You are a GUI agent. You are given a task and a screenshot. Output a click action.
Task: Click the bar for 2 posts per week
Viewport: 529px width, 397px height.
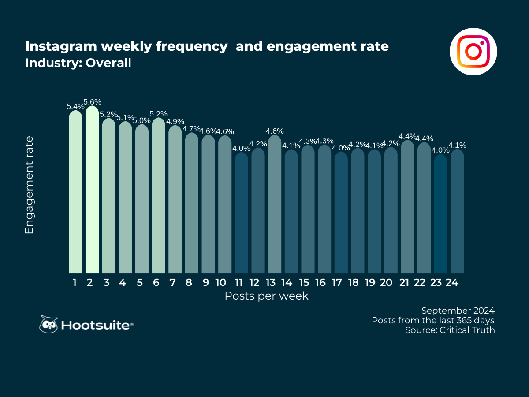92,190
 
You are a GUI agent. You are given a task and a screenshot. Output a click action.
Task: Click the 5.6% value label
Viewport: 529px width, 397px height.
93,102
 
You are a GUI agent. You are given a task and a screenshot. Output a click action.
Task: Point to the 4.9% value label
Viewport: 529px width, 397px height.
175,121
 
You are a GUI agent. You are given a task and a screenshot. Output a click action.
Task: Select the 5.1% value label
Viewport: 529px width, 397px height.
126,117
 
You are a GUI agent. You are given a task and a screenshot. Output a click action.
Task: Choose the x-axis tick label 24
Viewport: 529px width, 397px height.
451,283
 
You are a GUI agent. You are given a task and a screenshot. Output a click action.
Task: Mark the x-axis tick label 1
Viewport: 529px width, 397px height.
75,283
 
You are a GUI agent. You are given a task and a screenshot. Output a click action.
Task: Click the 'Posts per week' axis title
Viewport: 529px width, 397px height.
266,296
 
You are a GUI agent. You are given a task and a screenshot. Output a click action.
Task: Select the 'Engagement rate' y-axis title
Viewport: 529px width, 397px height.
29,185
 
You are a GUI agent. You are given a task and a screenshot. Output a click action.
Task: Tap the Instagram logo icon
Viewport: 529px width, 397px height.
473,52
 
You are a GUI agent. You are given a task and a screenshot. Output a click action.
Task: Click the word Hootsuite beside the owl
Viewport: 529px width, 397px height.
96,326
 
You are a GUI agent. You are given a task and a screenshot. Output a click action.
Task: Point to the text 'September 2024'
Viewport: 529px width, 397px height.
458,310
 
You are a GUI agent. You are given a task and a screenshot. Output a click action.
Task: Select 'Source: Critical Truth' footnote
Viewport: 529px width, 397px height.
450,330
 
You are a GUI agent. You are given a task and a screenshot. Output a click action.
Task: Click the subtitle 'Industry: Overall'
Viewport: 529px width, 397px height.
78,63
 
